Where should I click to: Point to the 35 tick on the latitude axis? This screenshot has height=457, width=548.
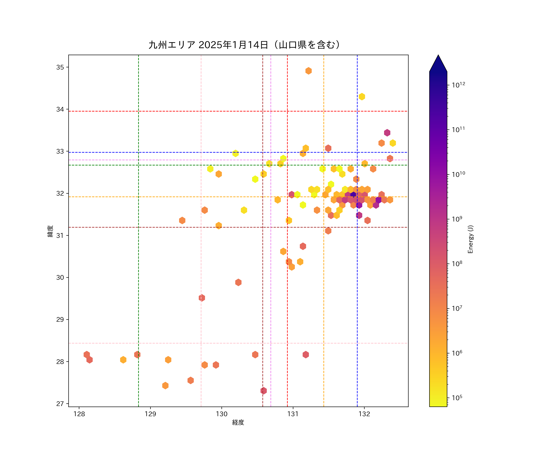click(60, 67)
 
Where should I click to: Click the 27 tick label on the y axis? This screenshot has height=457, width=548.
click(60, 404)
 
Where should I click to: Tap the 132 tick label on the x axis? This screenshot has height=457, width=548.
click(364, 414)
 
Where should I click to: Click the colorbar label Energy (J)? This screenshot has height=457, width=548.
click(470, 239)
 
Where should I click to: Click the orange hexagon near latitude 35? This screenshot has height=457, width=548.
click(308, 71)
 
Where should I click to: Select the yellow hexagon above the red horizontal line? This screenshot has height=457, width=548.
click(362, 97)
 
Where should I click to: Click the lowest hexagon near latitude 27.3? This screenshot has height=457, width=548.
click(263, 391)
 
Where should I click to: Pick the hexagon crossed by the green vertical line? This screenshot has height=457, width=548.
click(137, 354)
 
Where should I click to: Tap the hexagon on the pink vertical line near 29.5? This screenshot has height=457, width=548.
click(202, 298)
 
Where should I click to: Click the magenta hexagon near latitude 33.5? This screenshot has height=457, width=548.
click(387, 133)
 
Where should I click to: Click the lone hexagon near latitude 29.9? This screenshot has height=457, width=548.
click(238, 282)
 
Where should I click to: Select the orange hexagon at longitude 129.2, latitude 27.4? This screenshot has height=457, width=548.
click(165, 385)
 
